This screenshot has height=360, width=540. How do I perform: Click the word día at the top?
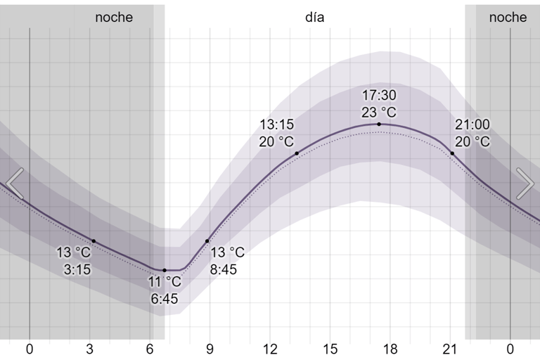[x=315, y=18]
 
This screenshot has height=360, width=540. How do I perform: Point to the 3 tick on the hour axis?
[x=90, y=349]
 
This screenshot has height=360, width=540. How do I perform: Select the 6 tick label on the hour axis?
[x=150, y=349]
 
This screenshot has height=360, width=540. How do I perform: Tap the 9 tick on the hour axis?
[x=210, y=349]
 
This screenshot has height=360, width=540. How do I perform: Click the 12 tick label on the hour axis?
[x=270, y=349]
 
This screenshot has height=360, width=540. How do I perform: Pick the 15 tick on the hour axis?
[x=330, y=349]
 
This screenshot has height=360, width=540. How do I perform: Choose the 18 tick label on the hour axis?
[x=390, y=349]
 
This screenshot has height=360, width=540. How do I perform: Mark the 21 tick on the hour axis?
[x=450, y=349]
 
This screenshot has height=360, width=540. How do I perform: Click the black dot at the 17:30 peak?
[x=379, y=124]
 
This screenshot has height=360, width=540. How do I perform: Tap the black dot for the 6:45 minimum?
[x=165, y=270]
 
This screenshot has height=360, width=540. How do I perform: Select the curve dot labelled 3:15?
[x=94, y=241]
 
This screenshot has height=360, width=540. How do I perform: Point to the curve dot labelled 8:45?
[x=207, y=241]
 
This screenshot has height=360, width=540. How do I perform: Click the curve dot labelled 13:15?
[x=297, y=153]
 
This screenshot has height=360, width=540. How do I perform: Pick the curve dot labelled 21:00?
[x=452, y=153]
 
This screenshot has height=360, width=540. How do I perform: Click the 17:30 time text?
[x=379, y=96]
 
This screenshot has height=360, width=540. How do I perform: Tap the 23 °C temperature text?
[x=379, y=112]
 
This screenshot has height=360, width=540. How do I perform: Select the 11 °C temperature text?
[x=165, y=283]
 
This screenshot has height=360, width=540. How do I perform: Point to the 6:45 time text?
[x=165, y=299]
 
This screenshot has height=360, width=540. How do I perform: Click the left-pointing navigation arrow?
[x=15, y=184]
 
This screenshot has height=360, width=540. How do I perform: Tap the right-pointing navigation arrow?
[x=525, y=184]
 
